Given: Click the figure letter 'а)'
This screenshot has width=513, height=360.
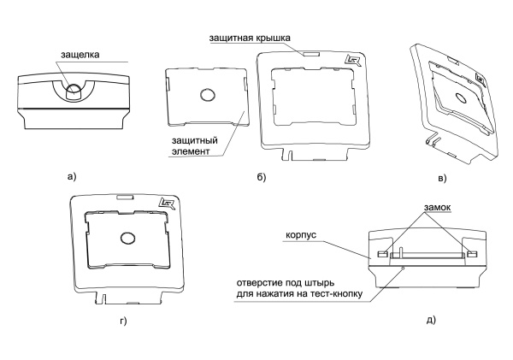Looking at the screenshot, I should [x=72, y=177].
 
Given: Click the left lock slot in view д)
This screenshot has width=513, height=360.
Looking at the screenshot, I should [x=381, y=253].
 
